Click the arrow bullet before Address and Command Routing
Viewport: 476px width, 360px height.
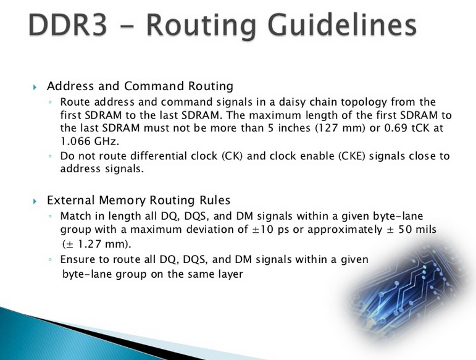point(35,87)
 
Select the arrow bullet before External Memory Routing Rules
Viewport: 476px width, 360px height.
point(35,201)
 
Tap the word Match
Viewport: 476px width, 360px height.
point(76,216)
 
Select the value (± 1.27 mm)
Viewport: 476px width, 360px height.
point(97,243)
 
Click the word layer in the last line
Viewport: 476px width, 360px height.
point(226,273)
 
